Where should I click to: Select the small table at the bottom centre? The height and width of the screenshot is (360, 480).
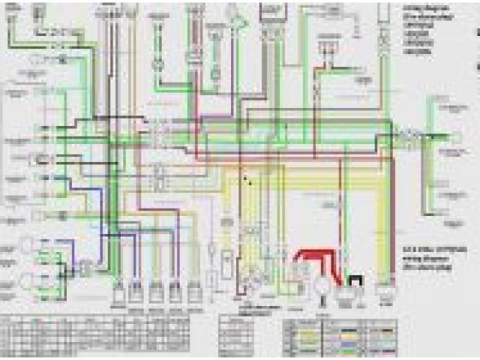coord(247,330)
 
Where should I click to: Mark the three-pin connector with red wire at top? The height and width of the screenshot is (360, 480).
coord(325,49)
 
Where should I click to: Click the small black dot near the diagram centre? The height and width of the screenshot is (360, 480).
coord(244,178)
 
